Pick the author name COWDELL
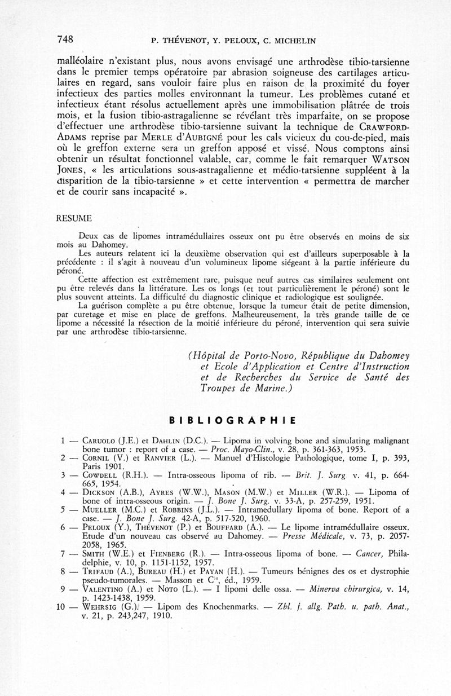100,475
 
